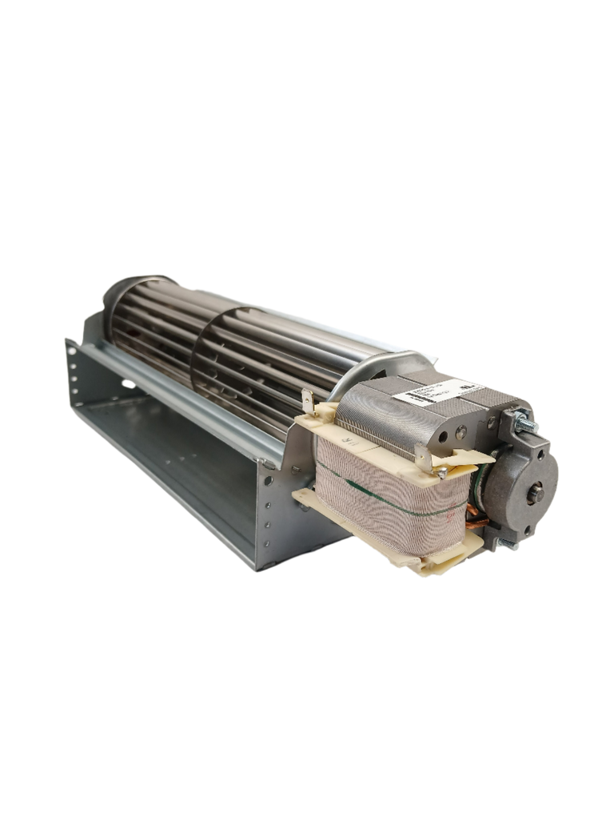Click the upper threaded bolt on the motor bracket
click(528, 423)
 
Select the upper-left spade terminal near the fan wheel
click(307, 399)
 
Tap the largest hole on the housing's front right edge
click(269, 480)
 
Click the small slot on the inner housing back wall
click(128, 385)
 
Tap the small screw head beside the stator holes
click(442, 473)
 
